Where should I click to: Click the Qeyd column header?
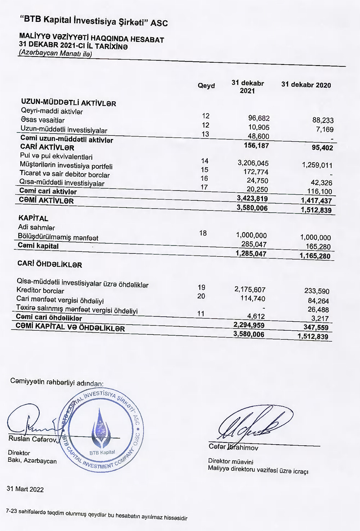[206, 86]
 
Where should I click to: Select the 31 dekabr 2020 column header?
[306, 85]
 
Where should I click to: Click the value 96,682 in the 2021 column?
[258, 118]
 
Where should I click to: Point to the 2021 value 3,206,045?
[253, 163]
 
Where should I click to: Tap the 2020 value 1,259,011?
[317, 165]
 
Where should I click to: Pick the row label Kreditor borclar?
[40, 291]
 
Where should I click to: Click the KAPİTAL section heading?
[33, 218]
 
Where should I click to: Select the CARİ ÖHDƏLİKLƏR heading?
[50, 264]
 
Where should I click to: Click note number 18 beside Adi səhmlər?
[203, 233]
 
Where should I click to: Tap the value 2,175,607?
[250, 290]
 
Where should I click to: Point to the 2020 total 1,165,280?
[315, 256]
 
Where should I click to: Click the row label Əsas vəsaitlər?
[42, 120]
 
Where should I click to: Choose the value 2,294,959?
[249, 325]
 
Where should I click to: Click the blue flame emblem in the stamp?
[101, 427]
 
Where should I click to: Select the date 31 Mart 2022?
[25, 489]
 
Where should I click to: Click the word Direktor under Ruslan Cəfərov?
[19, 453]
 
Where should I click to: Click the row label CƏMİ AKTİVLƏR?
[46, 201]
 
